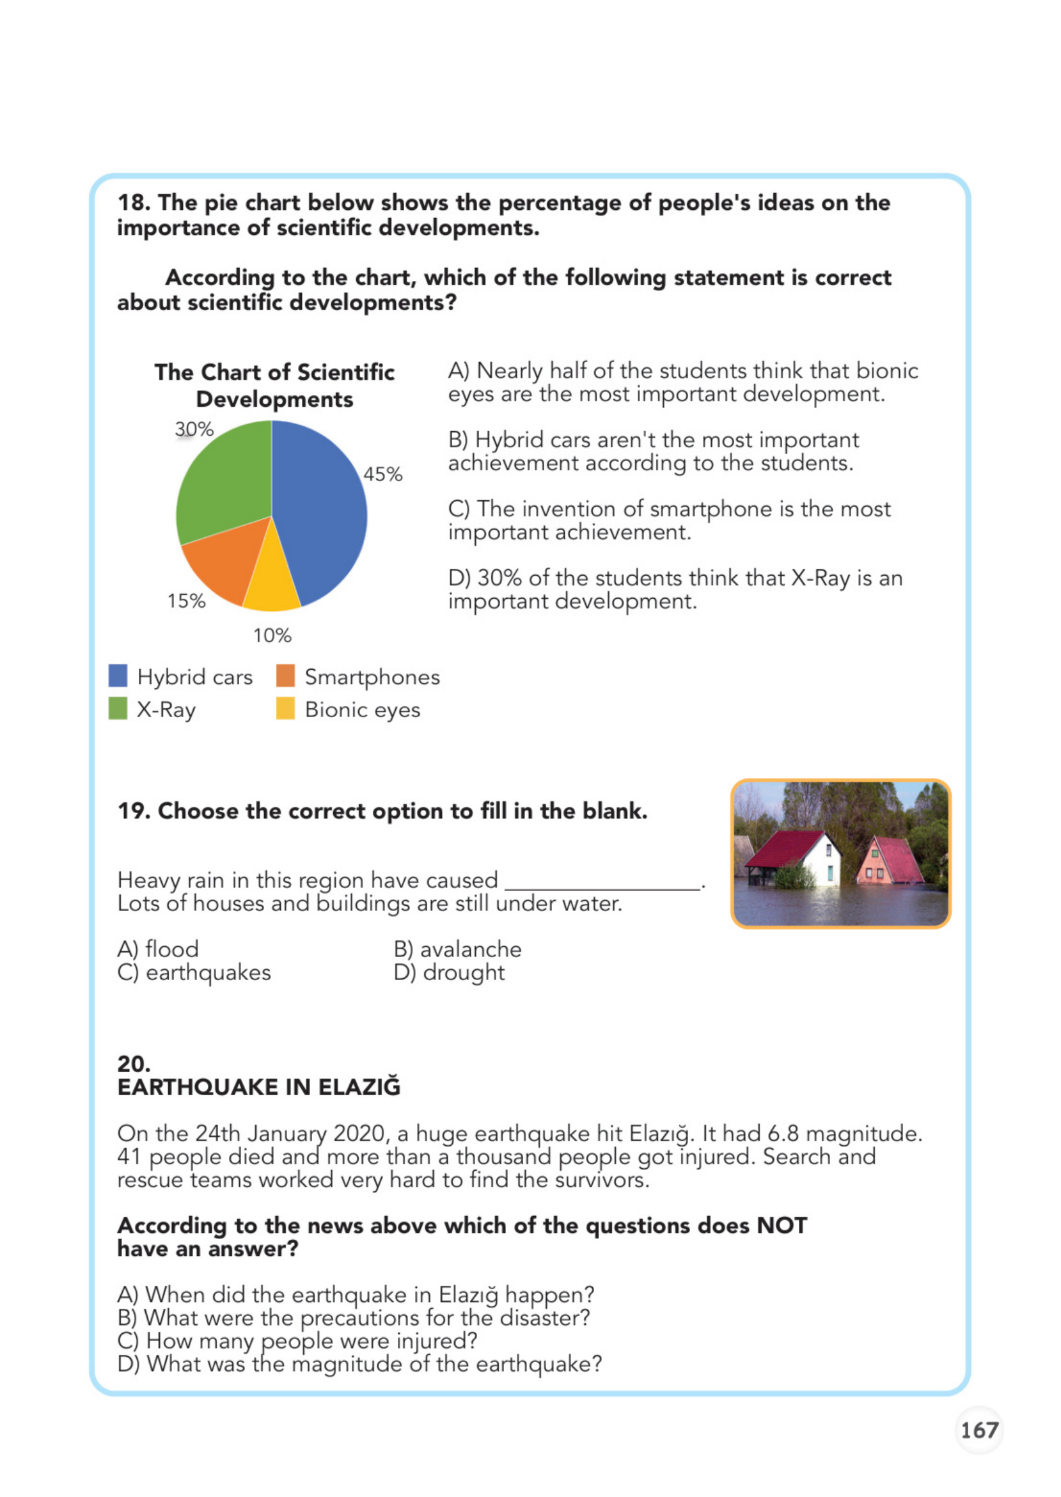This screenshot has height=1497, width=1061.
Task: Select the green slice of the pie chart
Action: [225, 484]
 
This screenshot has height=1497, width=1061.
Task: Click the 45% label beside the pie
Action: [383, 475]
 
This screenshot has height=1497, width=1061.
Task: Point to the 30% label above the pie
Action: [194, 429]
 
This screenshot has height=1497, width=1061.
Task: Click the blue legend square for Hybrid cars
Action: [118, 676]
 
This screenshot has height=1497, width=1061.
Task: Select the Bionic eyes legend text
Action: [363, 709]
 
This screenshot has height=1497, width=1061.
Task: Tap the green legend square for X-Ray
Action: [118, 708]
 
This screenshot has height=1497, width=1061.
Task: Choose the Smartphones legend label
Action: [372, 677]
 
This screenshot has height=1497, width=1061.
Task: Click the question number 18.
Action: [132, 203]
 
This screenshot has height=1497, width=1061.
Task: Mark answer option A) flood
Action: [158, 949]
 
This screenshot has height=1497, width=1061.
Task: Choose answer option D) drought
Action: [450, 972]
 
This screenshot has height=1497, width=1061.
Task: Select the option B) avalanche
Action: [457, 949]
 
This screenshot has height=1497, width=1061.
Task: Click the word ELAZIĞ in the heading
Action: [359, 1088]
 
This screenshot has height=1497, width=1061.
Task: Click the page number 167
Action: [978, 1430]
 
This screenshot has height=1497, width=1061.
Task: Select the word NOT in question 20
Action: [782, 1226]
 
